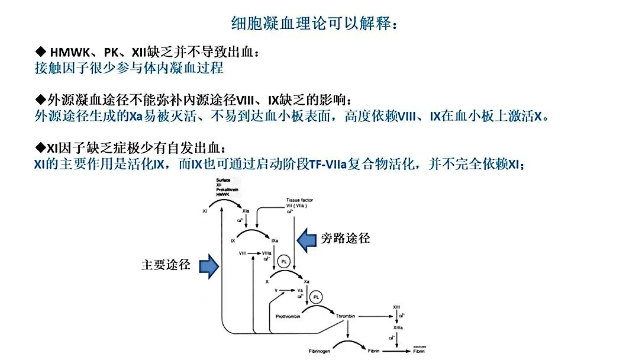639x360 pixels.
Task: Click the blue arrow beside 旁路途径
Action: (307, 239)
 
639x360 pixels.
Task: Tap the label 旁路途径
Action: (346, 239)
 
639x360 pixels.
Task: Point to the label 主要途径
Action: (166, 265)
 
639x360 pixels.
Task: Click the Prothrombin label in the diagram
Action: (289, 316)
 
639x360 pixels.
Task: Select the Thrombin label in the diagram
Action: (346, 316)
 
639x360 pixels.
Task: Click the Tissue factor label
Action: (299, 200)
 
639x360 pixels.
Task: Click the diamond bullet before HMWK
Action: (41, 53)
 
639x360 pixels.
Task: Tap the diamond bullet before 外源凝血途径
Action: (40, 98)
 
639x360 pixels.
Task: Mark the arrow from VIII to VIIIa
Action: (253, 253)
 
